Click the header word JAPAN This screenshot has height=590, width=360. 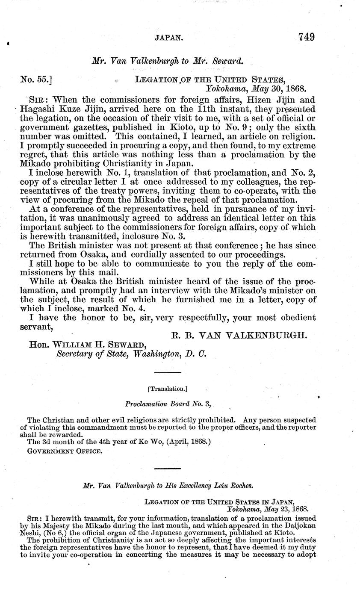pos(169,38)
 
